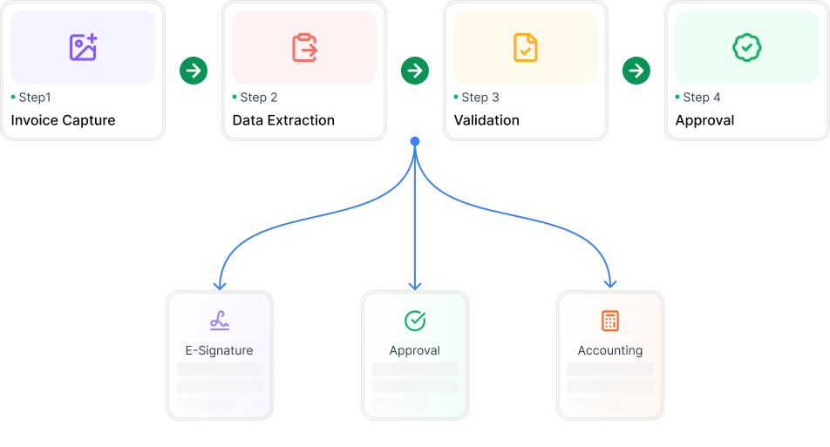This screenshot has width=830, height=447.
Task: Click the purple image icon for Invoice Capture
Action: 83,47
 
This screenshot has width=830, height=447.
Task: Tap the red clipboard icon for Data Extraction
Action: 304,48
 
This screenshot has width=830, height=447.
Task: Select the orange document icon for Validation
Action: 526,48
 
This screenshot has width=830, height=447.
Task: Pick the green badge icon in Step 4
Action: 747,48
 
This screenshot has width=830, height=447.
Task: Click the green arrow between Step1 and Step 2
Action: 194,71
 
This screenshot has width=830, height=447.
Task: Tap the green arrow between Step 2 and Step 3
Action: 415,71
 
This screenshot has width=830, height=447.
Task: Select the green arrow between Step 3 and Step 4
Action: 636,71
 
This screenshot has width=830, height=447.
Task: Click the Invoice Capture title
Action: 63,120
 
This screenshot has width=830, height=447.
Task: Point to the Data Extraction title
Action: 283,120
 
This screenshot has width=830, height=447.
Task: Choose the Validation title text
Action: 486,120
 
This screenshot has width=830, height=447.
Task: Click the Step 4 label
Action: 701,98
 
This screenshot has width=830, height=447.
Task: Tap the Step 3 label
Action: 480,98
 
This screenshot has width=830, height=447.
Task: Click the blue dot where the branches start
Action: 415,141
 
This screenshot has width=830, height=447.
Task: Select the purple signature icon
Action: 220,321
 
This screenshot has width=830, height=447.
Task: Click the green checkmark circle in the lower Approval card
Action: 415,321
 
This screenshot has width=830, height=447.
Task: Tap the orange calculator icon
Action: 610,321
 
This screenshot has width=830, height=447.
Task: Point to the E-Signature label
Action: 219,351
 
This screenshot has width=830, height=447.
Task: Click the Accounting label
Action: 610,351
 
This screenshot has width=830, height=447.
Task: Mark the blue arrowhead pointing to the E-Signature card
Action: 220,286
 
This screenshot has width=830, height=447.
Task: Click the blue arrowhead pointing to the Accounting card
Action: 610,284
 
